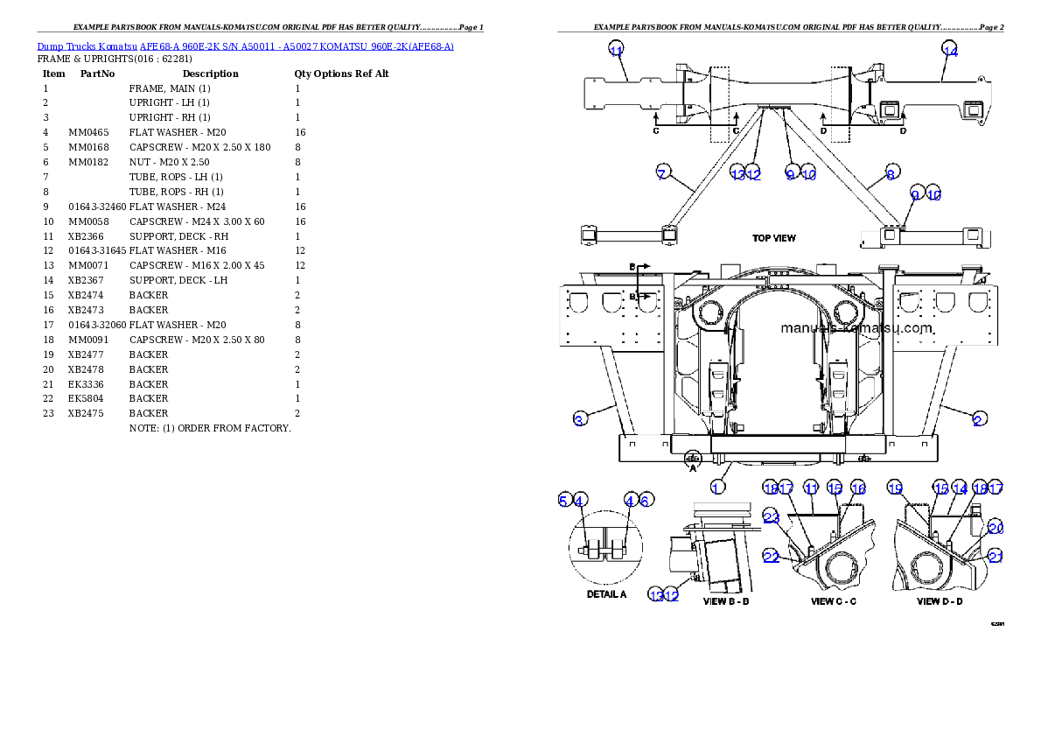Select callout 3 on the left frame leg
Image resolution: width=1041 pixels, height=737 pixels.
[x=579, y=420]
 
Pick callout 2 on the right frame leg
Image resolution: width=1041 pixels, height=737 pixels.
[x=978, y=420]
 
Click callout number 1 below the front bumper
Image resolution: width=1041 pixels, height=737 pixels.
[x=717, y=488]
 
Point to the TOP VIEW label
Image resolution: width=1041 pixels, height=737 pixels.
[x=774, y=238]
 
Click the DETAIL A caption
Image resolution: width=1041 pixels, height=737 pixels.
[x=606, y=594]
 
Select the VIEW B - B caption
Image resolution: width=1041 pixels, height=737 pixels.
[x=726, y=601]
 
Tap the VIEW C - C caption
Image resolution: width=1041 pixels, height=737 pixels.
[x=834, y=601]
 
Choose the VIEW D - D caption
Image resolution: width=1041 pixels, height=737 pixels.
[x=940, y=601]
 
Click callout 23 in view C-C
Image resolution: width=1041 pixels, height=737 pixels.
[x=772, y=517]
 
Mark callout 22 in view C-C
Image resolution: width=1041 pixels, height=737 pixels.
[x=772, y=557]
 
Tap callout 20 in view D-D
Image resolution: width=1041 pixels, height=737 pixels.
[x=996, y=528]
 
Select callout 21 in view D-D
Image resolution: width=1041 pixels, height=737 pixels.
[x=996, y=557]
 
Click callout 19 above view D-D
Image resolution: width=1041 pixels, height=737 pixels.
[x=894, y=488]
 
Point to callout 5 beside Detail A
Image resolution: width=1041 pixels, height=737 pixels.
[x=564, y=500]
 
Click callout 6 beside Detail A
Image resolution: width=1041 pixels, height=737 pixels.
[x=646, y=500]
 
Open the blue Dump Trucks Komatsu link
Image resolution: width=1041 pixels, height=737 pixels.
[x=245, y=46]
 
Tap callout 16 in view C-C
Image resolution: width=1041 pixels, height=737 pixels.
[x=858, y=488]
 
